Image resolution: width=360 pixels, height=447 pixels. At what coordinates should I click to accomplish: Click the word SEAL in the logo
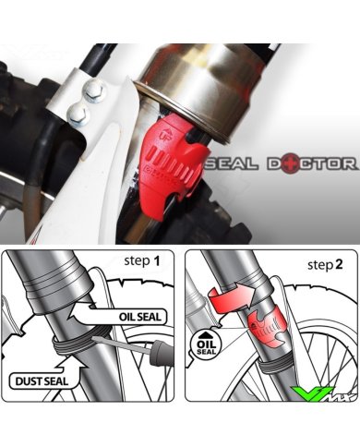click(x=232, y=163)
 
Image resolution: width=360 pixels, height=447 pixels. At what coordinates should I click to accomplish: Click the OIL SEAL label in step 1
click(x=140, y=317)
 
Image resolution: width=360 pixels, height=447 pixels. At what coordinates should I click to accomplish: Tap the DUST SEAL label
click(x=42, y=381)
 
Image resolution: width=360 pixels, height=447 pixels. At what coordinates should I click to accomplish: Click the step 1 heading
click(x=142, y=261)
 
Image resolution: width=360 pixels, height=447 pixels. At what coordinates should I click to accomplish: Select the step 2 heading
click(x=325, y=264)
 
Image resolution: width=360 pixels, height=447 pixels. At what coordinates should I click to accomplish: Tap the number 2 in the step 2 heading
click(x=339, y=264)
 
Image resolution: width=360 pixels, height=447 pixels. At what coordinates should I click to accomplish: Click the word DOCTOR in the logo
click(x=312, y=163)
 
